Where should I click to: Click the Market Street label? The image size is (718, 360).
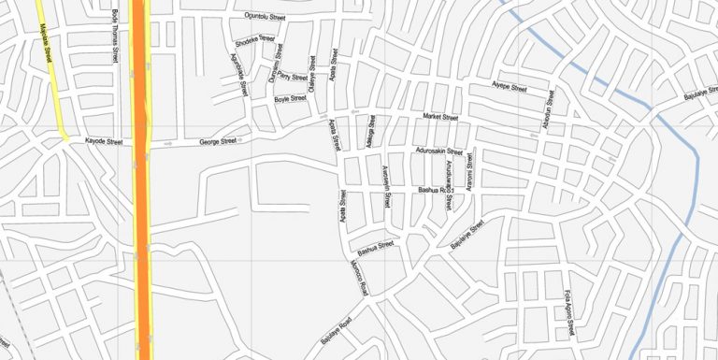tap(440, 117)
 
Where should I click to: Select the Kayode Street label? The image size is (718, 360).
tap(104, 142)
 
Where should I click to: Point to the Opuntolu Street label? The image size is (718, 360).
tap(265, 17)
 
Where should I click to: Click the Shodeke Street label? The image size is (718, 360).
tap(255, 43)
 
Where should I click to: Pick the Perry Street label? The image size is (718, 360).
tap(293, 77)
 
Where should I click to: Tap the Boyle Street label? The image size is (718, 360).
tap(290, 98)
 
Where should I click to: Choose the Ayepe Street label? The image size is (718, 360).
tap(510, 88)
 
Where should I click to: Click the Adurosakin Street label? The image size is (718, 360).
tap(438, 151)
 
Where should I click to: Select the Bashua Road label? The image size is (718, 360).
tap(435, 190)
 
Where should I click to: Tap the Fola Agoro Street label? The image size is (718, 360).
tap(567, 314)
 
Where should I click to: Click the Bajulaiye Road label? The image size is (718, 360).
tap(336, 332)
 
